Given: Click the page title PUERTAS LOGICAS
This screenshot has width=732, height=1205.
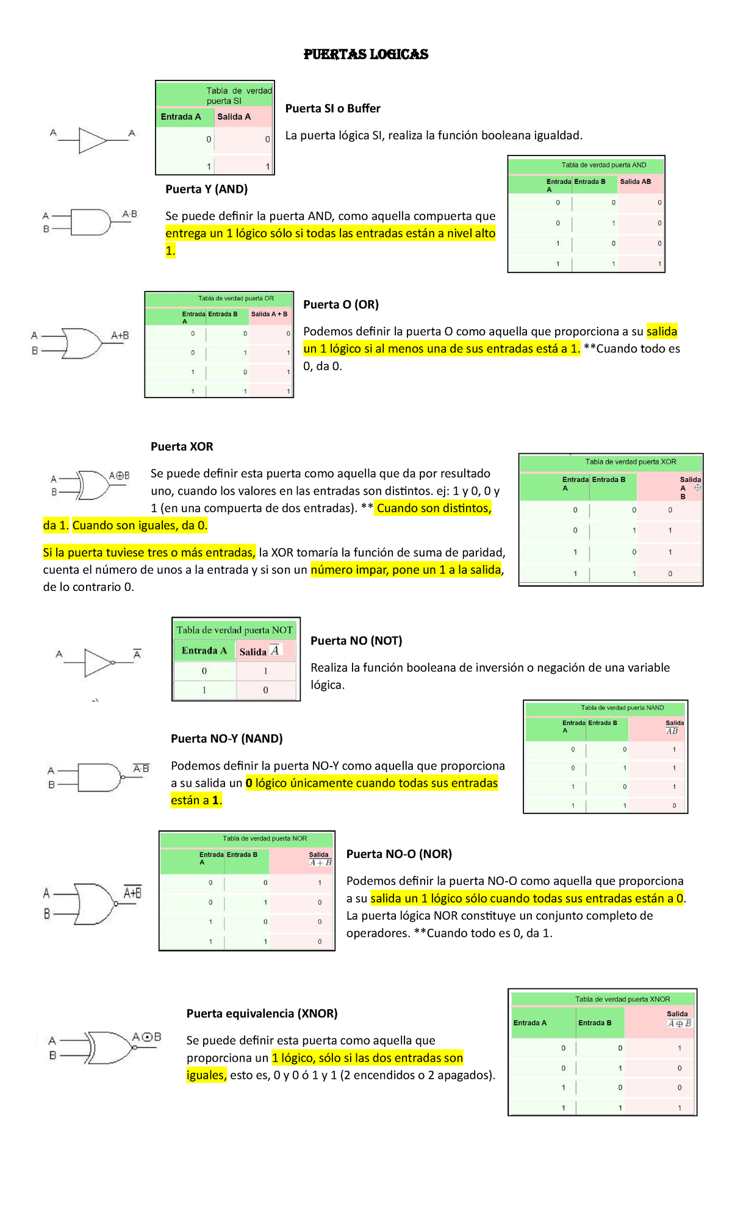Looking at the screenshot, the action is [366, 54].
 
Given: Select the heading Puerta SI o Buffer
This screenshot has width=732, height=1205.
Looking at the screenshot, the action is [332, 109].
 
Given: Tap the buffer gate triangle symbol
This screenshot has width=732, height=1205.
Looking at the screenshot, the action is [93, 140].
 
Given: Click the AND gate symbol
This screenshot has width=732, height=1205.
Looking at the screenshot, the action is [91, 222].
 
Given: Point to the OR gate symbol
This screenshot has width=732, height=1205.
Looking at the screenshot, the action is [82, 343].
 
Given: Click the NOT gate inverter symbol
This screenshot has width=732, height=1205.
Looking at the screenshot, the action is [99, 663].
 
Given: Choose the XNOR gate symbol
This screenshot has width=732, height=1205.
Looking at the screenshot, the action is [110, 1048].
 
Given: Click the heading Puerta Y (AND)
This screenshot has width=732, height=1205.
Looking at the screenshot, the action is [206, 189].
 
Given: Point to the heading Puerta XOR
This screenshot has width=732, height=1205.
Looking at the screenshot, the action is [182, 446].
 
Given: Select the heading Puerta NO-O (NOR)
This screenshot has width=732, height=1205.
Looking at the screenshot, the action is [399, 854].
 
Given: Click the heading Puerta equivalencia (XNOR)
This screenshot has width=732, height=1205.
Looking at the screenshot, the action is [262, 1014].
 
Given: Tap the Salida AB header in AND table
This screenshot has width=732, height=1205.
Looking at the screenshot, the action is [635, 182].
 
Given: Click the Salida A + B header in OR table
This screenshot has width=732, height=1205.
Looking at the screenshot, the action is [269, 314].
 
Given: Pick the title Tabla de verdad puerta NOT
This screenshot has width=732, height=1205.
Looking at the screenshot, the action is [234, 630].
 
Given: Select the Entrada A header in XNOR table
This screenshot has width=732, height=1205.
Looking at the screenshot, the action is [530, 1023].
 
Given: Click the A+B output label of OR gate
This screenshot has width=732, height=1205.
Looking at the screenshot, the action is [120, 335].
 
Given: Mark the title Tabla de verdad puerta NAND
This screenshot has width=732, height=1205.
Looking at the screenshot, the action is [622, 708].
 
